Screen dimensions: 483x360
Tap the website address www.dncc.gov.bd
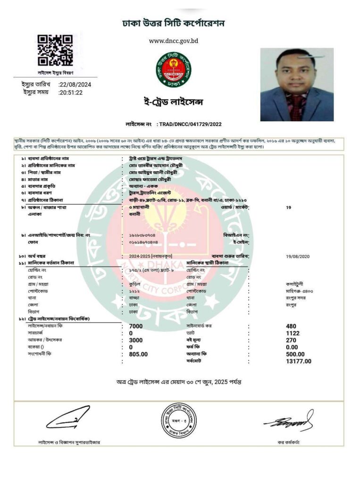174,41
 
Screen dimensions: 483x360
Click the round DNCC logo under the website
174,70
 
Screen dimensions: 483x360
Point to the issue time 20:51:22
70,92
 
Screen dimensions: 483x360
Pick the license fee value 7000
136,326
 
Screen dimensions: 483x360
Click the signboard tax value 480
291,326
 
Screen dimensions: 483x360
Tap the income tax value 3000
136,340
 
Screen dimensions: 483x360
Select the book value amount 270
291,340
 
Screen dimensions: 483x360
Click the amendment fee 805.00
138,354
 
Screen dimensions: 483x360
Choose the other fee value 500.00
295,354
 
